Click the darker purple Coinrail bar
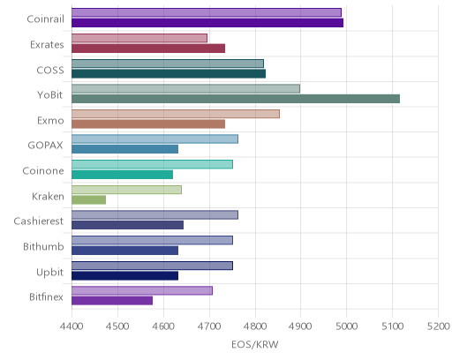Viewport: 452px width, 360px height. point(207,23)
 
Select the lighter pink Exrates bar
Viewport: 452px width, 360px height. point(139,38)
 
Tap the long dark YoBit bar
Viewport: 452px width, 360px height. point(236,99)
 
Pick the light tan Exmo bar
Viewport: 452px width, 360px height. point(176,114)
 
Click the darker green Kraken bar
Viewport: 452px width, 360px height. point(88,200)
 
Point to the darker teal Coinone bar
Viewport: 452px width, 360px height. point(122,175)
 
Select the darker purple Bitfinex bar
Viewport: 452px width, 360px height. point(112,301)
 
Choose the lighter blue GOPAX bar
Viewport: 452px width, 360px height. point(154,139)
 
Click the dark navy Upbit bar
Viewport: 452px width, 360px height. point(124,276)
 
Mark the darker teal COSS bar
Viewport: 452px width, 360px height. point(169,73)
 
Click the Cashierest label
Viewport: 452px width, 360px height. point(39,221)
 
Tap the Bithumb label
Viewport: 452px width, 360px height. point(43,246)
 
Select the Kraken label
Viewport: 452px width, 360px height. point(48,196)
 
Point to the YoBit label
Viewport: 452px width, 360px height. point(50,94)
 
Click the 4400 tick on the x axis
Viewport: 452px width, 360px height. point(72,326)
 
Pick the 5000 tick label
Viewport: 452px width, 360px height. point(346,326)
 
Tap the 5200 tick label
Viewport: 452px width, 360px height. point(438,326)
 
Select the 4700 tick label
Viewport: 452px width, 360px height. point(209,326)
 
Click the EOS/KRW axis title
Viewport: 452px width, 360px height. point(255,344)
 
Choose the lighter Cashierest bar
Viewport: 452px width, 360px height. point(154,215)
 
